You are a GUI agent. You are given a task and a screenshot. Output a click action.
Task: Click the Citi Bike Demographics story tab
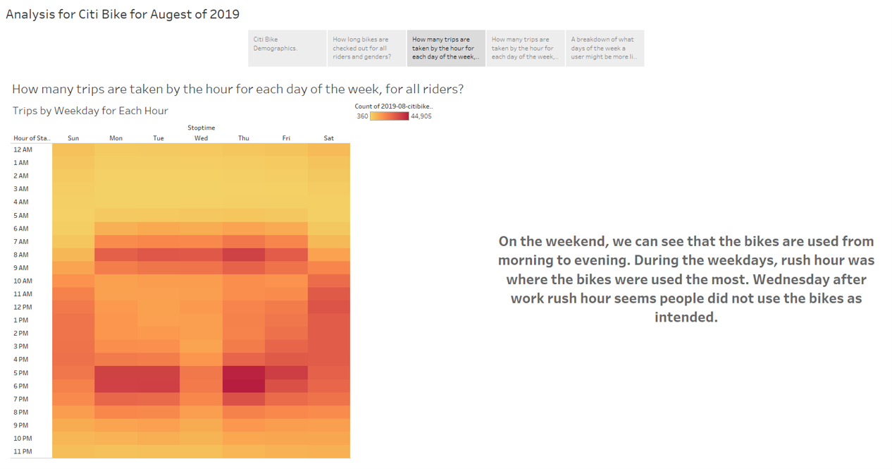coord(287,48)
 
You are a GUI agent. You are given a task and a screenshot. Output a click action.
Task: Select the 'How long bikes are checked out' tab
coord(367,48)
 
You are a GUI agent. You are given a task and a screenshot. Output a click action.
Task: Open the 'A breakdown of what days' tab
coord(605,48)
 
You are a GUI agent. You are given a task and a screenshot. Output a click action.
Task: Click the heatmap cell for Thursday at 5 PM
coord(244,373)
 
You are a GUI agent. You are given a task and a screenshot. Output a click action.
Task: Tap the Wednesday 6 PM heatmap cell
coord(201,386)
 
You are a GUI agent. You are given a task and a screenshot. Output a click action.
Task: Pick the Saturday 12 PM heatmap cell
coord(329,307)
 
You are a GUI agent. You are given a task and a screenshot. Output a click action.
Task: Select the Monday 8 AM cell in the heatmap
coord(116,255)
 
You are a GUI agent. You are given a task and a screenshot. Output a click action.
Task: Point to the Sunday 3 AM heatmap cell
coord(73,189)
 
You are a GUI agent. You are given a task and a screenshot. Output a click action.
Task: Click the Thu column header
coord(244,138)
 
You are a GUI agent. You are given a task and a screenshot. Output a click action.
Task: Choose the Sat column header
coord(329,138)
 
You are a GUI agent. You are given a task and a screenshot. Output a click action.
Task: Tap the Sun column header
coord(73,138)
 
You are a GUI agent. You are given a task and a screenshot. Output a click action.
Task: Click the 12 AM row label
coord(23,150)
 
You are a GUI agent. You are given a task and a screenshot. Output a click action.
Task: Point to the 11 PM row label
coord(23,451)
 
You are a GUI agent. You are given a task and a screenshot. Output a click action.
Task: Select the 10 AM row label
coord(23,281)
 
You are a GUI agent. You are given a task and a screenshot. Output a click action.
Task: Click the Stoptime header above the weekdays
coord(202,128)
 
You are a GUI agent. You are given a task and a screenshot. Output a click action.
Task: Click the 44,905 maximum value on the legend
coord(421,116)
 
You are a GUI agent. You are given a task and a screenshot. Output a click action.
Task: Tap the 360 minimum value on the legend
coord(362,116)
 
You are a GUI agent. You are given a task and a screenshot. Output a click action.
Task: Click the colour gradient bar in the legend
coord(390,116)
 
